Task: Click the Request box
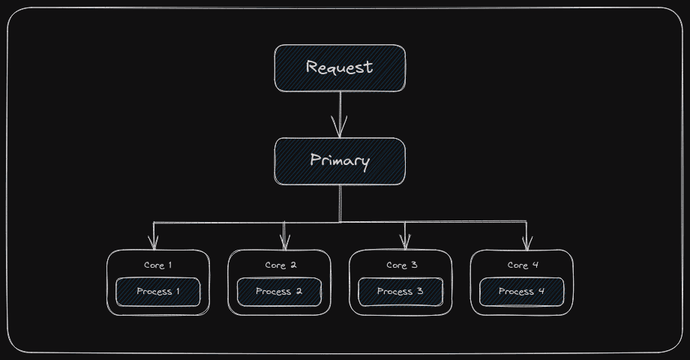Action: pos(340,68)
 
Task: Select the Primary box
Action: pos(340,161)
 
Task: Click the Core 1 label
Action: pos(158,265)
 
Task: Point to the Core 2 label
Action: pos(280,265)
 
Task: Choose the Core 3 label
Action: pos(401,265)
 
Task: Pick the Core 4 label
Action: pos(523,265)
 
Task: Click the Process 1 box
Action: pos(158,292)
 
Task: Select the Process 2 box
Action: pos(279,292)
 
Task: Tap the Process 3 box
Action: pos(400,292)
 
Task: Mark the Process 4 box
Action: pos(521,292)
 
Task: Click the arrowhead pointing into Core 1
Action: pos(154,243)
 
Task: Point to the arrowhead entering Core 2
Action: pos(284,243)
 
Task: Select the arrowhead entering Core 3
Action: pos(405,243)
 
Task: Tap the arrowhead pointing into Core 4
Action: pos(526,243)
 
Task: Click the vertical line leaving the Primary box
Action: pos(340,202)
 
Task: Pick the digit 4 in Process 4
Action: pos(541,292)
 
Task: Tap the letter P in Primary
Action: pos(316,160)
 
